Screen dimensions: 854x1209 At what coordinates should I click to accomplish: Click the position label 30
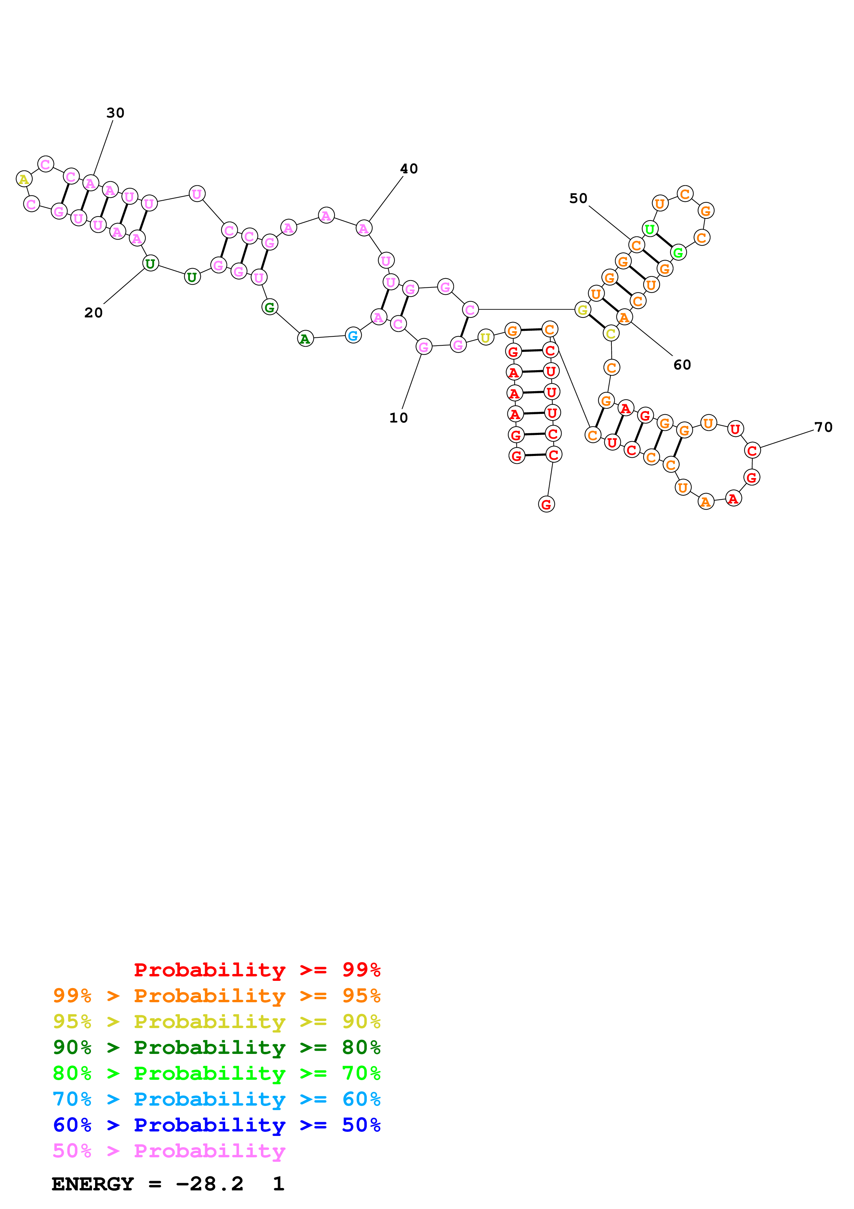click(115, 113)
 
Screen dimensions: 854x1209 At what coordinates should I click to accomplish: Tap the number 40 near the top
click(409, 169)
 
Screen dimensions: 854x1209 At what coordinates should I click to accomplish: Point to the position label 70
click(823, 427)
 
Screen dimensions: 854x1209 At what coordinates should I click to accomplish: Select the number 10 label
click(398, 418)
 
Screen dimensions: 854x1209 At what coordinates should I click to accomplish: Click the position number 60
click(682, 364)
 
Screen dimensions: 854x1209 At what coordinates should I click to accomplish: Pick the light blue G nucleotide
click(353, 335)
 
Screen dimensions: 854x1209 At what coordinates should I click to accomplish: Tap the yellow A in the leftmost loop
click(24, 179)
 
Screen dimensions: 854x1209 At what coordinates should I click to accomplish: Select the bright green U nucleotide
click(650, 229)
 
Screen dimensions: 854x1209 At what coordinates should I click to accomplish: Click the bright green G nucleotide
click(678, 253)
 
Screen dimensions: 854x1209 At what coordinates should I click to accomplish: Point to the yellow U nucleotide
click(485, 337)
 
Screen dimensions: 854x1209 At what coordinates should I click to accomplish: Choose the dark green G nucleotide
click(269, 307)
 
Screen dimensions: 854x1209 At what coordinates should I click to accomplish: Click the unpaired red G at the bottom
click(546, 505)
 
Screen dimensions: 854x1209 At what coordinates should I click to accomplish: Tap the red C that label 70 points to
click(752, 451)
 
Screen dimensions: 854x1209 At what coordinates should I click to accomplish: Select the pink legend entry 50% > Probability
click(168, 1151)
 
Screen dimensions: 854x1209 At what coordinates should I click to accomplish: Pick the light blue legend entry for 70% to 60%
click(216, 1099)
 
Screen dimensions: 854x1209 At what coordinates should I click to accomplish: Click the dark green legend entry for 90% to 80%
click(216, 1047)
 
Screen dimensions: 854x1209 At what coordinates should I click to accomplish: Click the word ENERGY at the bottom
click(93, 1184)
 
